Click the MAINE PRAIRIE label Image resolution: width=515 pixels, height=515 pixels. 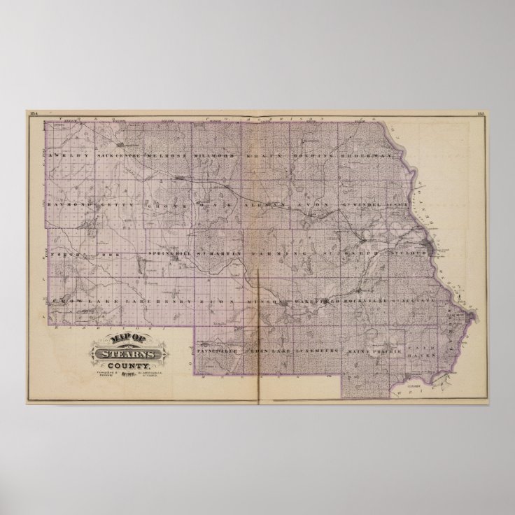click(374, 348)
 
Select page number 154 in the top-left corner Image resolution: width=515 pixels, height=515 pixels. click(34, 113)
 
